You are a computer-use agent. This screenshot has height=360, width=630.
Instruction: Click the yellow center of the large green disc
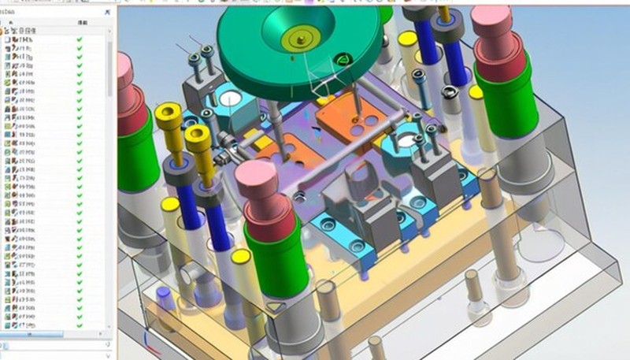tap(301, 37)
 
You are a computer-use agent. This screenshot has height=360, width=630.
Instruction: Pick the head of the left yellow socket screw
tap(169, 117)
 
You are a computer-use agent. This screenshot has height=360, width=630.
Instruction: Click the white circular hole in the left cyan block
tap(231, 98)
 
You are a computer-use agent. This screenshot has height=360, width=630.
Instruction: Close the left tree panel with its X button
tap(107, 13)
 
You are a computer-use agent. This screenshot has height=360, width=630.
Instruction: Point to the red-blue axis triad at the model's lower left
tap(150, 340)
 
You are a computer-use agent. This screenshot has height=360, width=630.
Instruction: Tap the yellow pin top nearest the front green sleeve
tap(241, 257)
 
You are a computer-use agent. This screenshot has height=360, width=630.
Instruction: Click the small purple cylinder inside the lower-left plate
tap(164, 295)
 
